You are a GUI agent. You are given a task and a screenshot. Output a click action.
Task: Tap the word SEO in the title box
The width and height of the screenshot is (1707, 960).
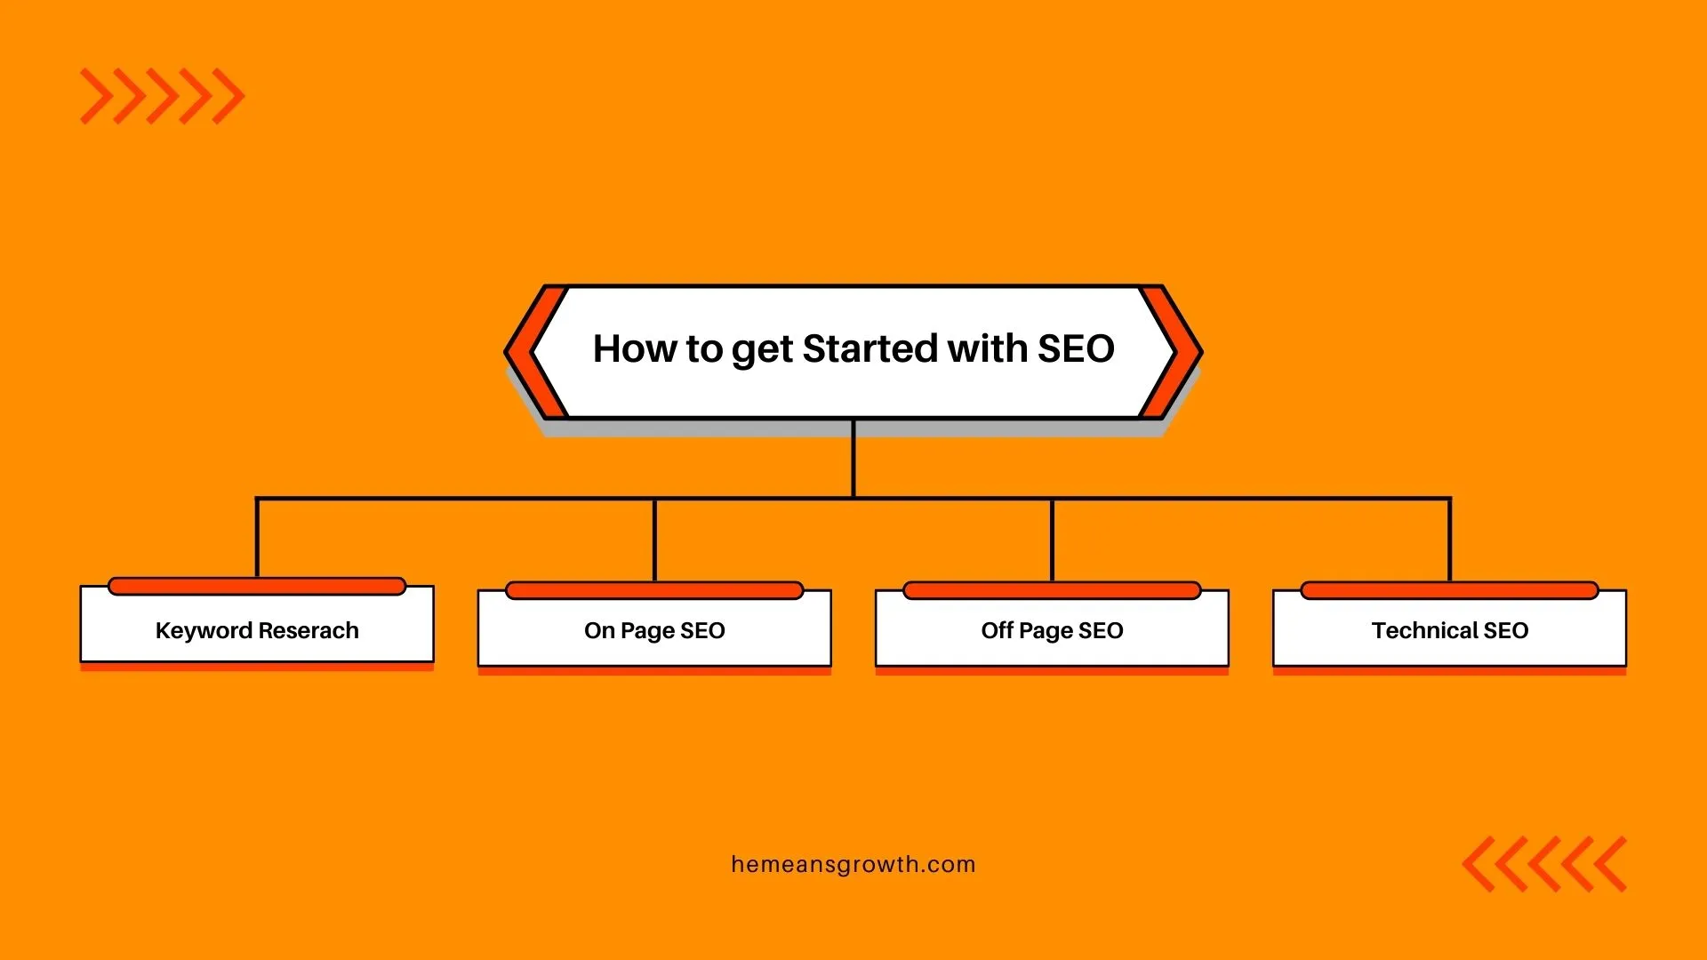[x=1076, y=348]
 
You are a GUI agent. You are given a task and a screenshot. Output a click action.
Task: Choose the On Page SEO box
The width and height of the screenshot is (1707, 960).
[x=654, y=628]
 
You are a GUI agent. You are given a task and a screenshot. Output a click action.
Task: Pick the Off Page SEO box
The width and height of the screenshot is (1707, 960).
[x=1052, y=628]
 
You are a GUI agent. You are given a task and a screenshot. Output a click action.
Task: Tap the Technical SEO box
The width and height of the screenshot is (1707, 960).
[x=1449, y=628]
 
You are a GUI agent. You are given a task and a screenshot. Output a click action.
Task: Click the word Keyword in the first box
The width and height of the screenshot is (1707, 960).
[x=204, y=631]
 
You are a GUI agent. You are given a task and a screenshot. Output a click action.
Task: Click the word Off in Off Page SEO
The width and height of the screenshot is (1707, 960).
[x=997, y=630]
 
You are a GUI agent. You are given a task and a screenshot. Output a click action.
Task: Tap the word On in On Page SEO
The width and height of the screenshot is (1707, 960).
[x=599, y=630]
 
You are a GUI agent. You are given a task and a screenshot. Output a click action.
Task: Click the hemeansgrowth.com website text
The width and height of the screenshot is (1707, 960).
[x=853, y=865]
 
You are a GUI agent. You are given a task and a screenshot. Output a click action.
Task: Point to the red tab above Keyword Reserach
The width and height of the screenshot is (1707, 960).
[x=257, y=586]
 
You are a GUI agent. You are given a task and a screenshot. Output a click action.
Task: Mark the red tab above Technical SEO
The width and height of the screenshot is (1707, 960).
[x=1449, y=590]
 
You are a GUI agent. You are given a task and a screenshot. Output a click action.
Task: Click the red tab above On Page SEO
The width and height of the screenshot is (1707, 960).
[x=654, y=590]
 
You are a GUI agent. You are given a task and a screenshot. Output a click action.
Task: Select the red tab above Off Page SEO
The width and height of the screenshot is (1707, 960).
[x=1052, y=590]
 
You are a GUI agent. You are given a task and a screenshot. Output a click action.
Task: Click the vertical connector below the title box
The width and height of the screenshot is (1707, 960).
[x=853, y=458]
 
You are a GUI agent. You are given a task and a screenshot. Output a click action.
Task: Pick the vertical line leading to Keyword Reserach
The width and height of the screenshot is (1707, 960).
[x=257, y=538]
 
